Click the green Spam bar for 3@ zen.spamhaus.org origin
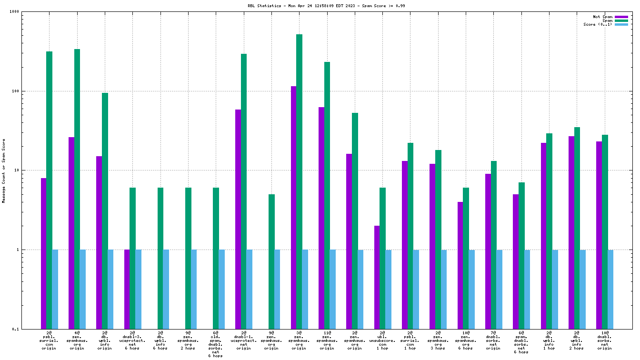[299, 181]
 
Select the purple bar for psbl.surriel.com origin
[44, 252]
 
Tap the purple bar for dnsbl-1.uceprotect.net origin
[238, 219]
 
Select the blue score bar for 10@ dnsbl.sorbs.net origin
[610, 289]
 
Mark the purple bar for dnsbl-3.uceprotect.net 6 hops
[127, 289]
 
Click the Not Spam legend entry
[603, 17]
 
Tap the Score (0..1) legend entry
[598, 24]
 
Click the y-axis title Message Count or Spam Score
[4, 170]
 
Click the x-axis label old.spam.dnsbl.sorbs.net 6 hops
[216, 344]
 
